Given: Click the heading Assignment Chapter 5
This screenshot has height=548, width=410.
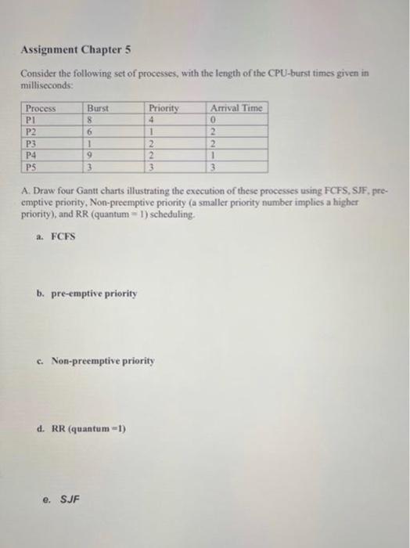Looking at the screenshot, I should click(75, 49).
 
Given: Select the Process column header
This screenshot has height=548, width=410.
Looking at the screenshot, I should click(40, 109).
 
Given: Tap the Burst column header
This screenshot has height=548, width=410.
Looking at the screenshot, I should click(98, 109).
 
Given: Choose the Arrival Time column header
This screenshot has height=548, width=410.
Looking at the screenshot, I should click(236, 109).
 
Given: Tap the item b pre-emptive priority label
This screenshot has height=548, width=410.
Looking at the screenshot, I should click(92, 294).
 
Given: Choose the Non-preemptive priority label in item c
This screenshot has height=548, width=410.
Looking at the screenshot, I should click(103, 362).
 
